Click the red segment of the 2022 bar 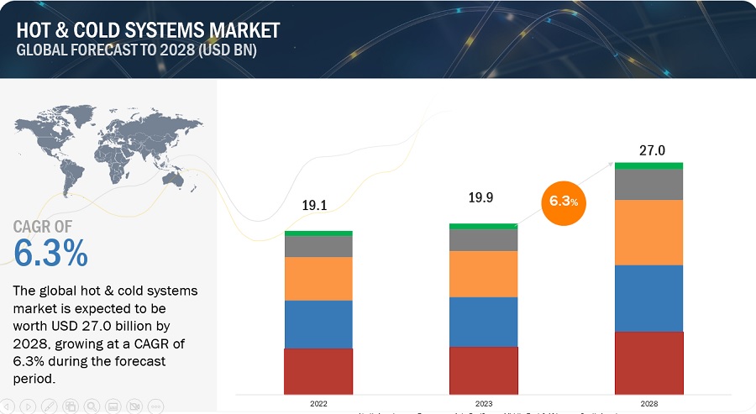(x=318, y=371)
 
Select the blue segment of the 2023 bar (x=484, y=322)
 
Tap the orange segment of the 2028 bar (x=648, y=233)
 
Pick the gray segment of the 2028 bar (x=648, y=185)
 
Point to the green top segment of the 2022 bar (x=318, y=233)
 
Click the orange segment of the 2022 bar (x=318, y=279)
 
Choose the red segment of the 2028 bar (x=648, y=363)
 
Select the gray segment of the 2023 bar (x=484, y=240)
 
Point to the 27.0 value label (x=652, y=151)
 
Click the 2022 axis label (x=318, y=404)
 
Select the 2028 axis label (x=648, y=404)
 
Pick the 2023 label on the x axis (x=484, y=404)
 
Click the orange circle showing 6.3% (x=564, y=202)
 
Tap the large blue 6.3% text (x=50, y=253)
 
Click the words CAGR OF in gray (x=43, y=226)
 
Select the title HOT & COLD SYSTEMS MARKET (x=148, y=30)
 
